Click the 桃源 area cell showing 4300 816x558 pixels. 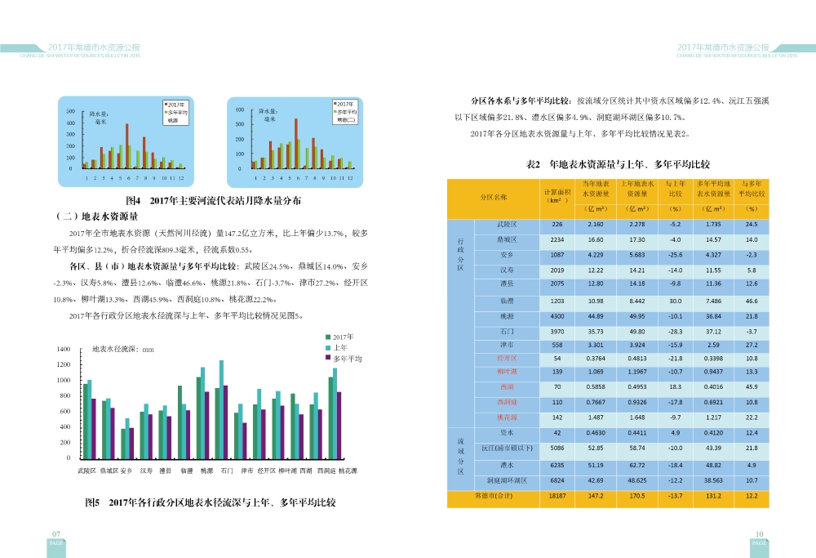pyautogui.click(x=557, y=316)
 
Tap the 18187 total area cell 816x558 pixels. pyautogui.click(x=557, y=496)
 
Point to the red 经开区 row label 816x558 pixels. pyautogui.click(x=507, y=358)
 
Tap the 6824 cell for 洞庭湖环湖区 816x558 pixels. pyautogui.click(x=557, y=480)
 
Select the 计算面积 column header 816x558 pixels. pyautogui.click(x=557, y=195)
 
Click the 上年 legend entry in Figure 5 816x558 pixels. pyautogui.click(x=342, y=347)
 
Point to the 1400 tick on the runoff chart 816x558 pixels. pyautogui.click(x=64, y=349)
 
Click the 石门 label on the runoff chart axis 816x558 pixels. pyautogui.click(x=228, y=471)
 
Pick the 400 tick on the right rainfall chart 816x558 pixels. pyautogui.click(x=240, y=109)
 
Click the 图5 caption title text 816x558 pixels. pyautogui.click(x=211, y=502)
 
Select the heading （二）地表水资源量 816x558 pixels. pyautogui.click(x=96, y=217)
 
